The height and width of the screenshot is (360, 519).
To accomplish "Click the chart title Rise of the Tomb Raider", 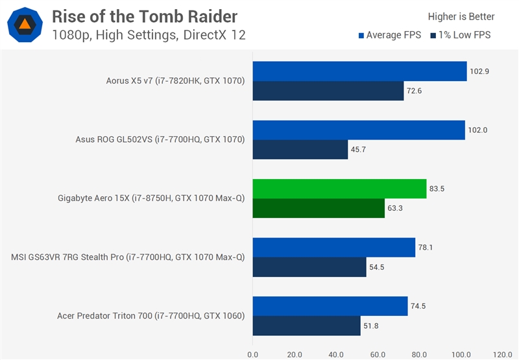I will pos(145,16).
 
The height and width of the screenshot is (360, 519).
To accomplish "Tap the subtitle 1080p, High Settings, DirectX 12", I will pos(149,35).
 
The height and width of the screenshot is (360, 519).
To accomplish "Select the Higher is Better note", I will pos(461,17).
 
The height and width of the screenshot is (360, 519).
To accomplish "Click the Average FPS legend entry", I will pos(389,35).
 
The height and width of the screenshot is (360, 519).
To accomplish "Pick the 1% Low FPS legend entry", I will pos(460,35).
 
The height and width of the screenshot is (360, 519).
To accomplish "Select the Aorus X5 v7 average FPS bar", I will pos(359,71).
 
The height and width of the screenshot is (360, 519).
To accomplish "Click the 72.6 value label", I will pos(414,91).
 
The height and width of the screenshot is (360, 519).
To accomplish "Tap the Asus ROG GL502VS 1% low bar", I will pos(300,149).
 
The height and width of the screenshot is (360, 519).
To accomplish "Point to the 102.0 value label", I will pos(477,130).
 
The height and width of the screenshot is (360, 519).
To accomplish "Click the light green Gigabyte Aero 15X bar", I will pos(339,189).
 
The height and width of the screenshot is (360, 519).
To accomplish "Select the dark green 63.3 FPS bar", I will pos(319,208).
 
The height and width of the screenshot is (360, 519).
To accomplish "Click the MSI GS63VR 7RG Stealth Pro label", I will pos(128,257).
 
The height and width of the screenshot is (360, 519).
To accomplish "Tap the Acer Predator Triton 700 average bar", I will pos(330,306).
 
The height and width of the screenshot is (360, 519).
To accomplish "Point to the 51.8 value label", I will pos(370,326).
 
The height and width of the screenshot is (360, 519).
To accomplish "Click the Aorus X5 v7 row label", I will pos(175,81).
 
